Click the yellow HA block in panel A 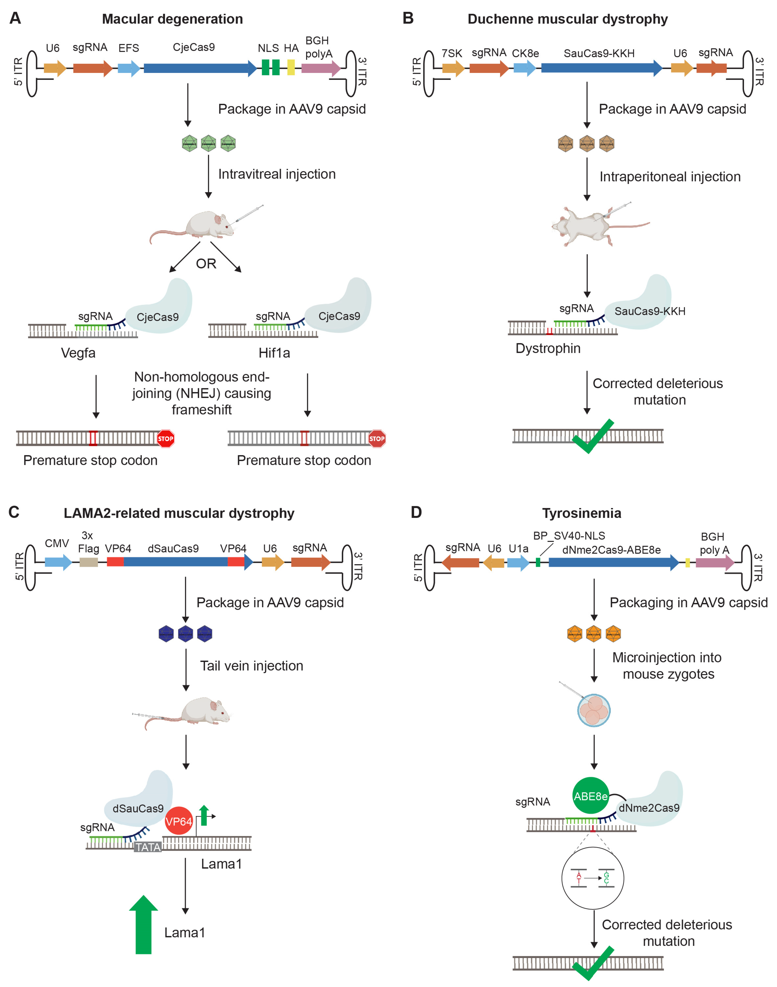click(291, 68)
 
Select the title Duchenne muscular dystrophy click(567, 19)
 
